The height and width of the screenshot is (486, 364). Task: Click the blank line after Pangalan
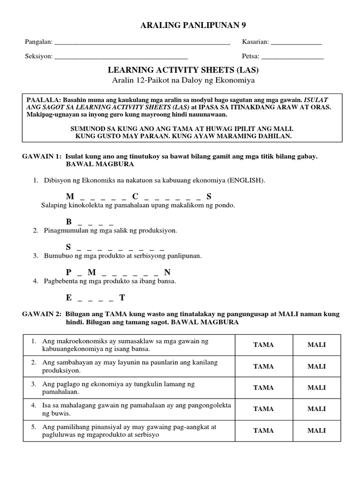[x=142, y=43]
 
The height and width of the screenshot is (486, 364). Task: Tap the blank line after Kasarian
[x=296, y=43]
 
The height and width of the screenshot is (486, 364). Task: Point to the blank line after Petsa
[x=292, y=57]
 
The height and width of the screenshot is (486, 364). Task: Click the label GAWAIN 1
[x=40, y=156]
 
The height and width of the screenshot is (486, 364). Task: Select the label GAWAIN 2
[x=40, y=314]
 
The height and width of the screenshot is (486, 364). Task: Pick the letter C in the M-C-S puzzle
[x=135, y=196]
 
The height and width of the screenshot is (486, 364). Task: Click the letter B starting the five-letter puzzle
[x=69, y=222]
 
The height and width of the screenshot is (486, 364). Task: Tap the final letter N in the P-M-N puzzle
[x=167, y=272]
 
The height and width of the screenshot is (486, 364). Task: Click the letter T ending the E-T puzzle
[x=122, y=298]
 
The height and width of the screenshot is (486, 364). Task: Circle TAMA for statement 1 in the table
[x=264, y=345]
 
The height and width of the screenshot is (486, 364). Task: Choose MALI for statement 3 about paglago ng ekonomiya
[x=317, y=388]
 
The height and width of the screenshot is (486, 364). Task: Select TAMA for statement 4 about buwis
[x=264, y=409]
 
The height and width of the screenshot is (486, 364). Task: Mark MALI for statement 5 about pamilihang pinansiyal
[x=317, y=430]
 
